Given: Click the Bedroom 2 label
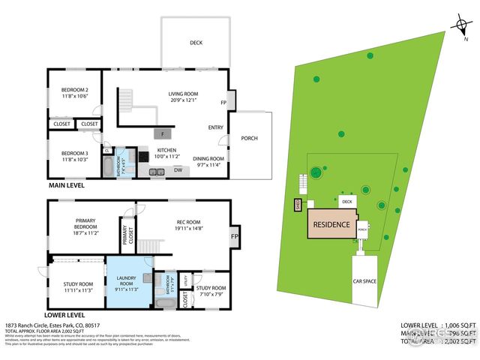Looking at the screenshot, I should (75, 92).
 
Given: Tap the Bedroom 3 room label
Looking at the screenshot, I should (75, 155).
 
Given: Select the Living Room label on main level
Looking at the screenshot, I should (184, 96).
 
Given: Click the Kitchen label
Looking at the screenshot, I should (166, 152).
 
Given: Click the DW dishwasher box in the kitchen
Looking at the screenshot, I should (178, 169).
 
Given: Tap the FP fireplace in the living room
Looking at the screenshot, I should (223, 102).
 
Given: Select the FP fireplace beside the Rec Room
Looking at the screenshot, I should (234, 237).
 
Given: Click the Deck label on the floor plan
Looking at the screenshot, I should (196, 43).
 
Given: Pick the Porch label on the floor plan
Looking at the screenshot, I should (249, 139).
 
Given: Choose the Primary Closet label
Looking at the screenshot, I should (125, 236).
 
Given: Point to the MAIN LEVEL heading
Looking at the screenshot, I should (66, 184).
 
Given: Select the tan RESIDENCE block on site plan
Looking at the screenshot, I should (330, 224).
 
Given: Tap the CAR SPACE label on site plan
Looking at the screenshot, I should (365, 281).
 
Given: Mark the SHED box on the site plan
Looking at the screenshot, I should (298, 202).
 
